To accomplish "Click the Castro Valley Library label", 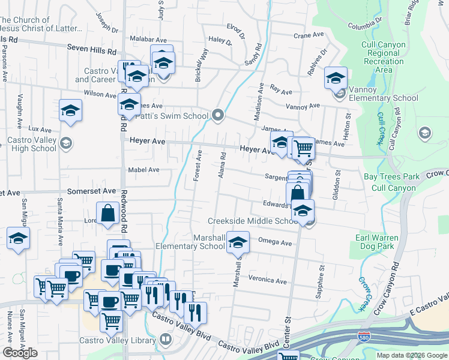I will (x=117, y=341).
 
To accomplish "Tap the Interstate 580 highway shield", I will (x=363, y=337).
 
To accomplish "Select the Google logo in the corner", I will (x=20, y=352).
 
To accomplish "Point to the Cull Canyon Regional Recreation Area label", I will (x=384, y=57).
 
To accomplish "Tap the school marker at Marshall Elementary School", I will (x=238, y=242).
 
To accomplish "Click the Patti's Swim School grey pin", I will (x=218, y=115).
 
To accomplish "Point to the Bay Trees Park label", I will (x=392, y=177).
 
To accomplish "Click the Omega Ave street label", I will (x=274, y=242).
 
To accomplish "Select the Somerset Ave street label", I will (x=91, y=191).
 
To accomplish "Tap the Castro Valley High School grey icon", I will (x=66, y=143).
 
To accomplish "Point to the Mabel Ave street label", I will (x=143, y=170).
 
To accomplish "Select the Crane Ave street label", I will (x=310, y=36).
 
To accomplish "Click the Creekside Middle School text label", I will (x=253, y=221).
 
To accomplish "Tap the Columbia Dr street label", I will (x=365, y=26).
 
